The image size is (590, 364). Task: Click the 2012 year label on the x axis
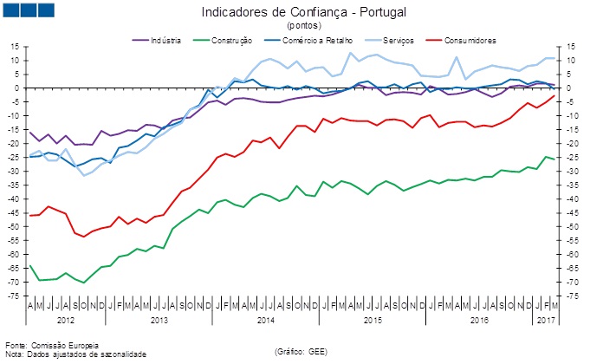coord(66,321)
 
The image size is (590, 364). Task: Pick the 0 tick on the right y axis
coord(570,88)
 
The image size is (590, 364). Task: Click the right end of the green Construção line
coord(554,159)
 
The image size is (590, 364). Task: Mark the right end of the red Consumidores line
coord(554,95)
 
